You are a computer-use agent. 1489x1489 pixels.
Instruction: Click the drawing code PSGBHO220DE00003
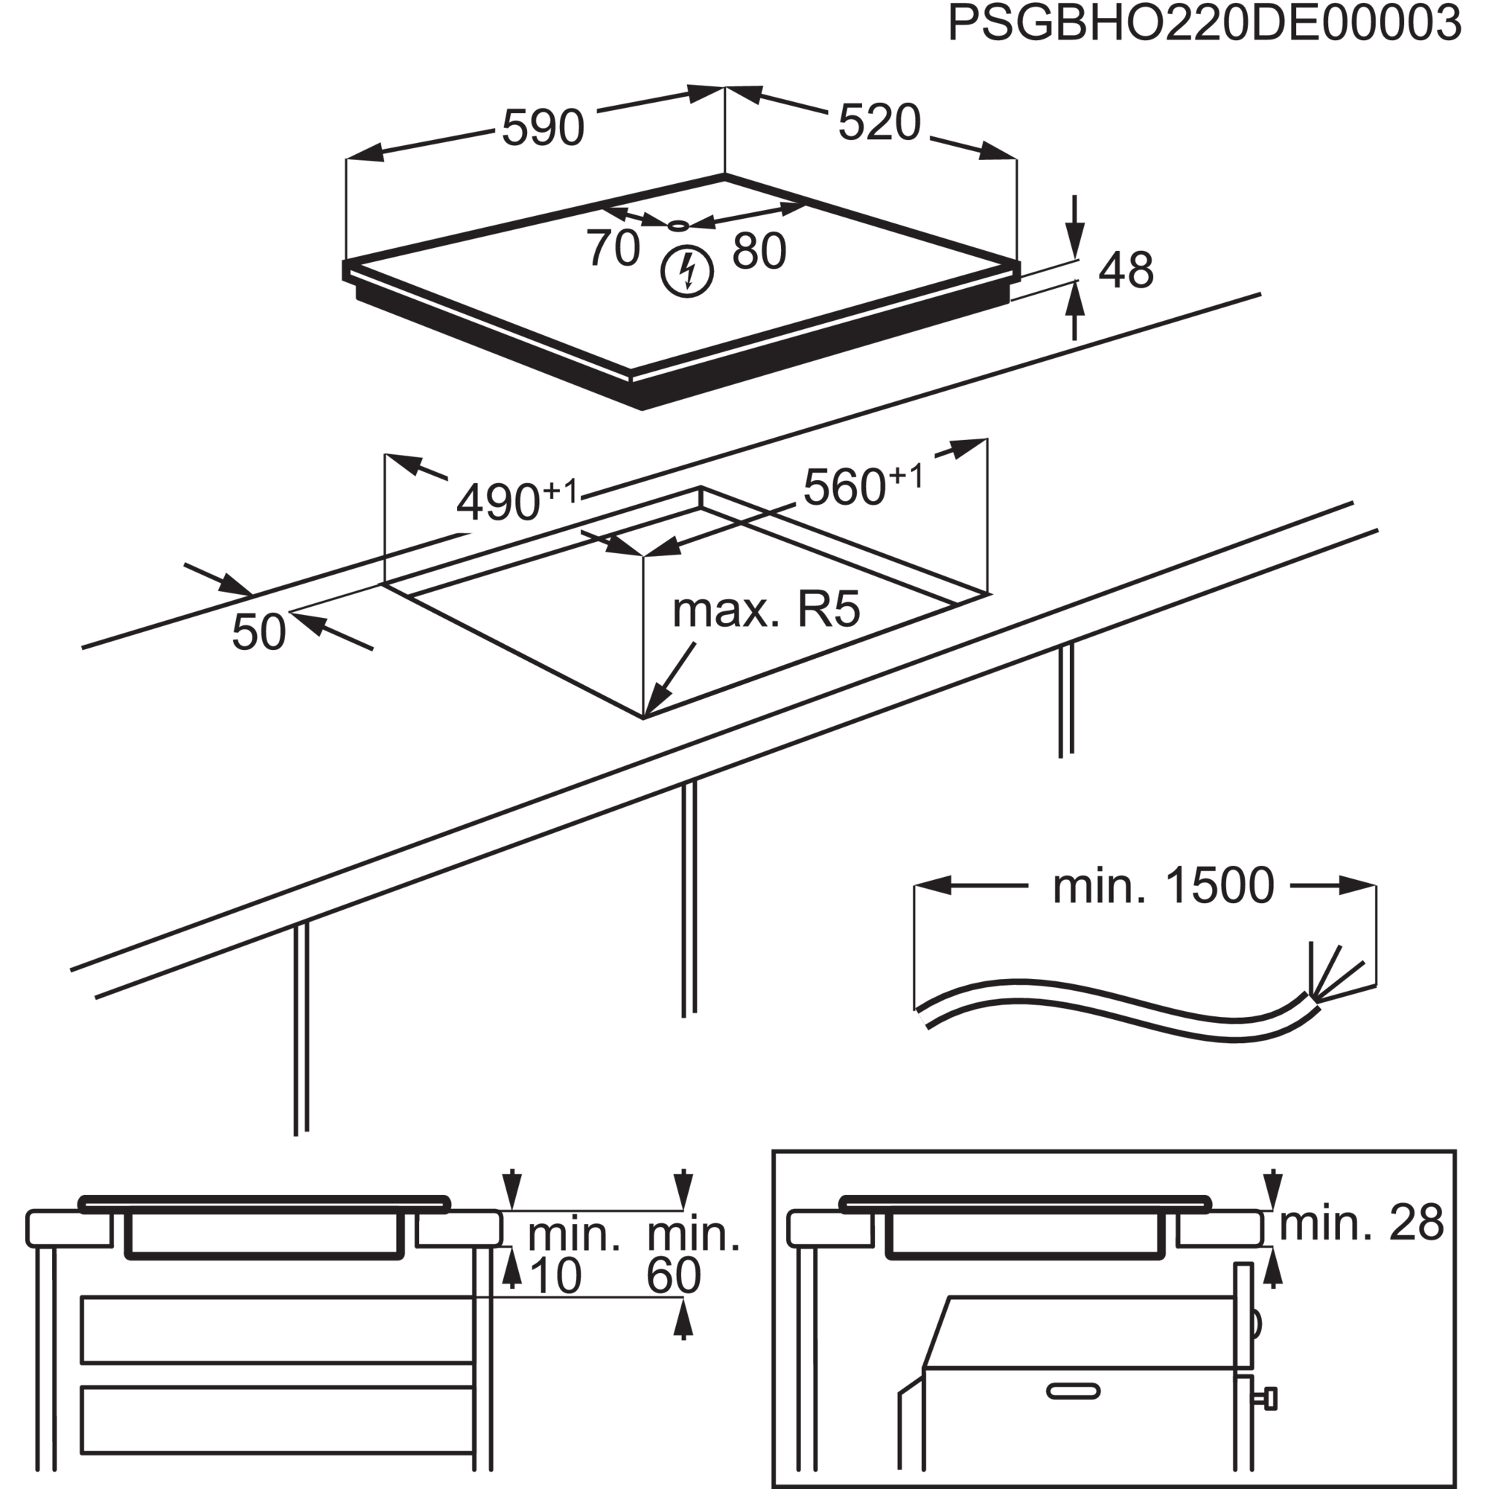[x=1204, y=23]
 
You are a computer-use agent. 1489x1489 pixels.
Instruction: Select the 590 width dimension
[x=543, y=127]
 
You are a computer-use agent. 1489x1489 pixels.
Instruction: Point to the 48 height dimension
[x=1126, y=270]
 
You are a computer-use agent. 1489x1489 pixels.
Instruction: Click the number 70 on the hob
[x=613, y=247]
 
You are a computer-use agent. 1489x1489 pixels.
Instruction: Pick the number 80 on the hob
[x=759, y=250]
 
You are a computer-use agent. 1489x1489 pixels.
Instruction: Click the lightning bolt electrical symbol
[x=686, y=271]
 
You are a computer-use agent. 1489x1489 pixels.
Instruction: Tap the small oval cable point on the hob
[x=678, y=226]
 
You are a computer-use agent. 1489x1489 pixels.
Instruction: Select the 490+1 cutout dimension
[x=517, y=500]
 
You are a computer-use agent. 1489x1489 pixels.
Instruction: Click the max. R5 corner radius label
[x=766, y=610]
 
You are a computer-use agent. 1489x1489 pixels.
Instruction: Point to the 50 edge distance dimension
[x=259, y=632]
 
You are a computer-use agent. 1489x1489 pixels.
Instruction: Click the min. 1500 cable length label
[x=1163, y=886]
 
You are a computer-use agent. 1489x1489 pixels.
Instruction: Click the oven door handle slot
[x=1073, y=1391]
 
